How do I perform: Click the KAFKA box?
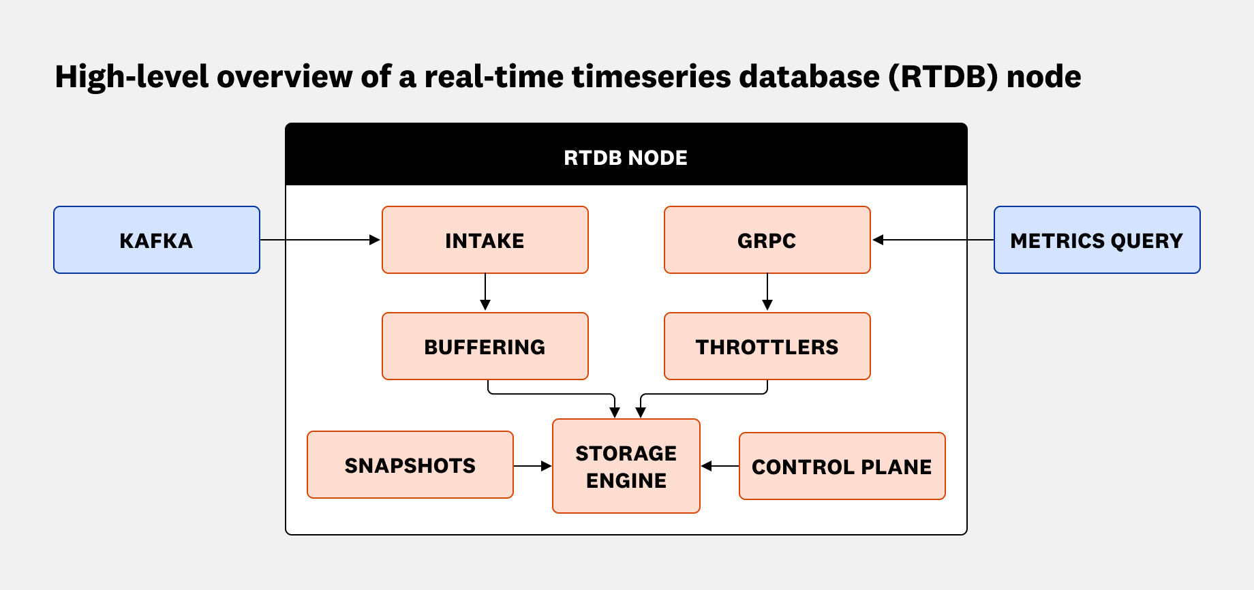tap(157, 240)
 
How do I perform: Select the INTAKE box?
tap(485, 240)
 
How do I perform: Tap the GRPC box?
tap(767, 240)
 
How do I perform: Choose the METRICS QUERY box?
tap(1097, 240)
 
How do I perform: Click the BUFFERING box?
tap(485, 346)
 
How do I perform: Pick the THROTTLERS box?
tap(767, 346)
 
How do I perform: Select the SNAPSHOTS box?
tap(410, 465)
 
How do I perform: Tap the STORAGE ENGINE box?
tap(626, 466)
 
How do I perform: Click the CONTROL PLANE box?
tap(842, 466)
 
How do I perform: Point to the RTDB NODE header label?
tap(626, 157)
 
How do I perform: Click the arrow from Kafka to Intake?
tap(320, 240)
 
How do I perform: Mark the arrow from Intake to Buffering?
tap(485, 292)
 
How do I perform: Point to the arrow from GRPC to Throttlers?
tap(767, 292)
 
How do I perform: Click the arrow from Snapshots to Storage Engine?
tap(532, 466)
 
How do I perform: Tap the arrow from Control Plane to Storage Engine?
tap(720, 466)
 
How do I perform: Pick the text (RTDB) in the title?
tap(943, 76)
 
